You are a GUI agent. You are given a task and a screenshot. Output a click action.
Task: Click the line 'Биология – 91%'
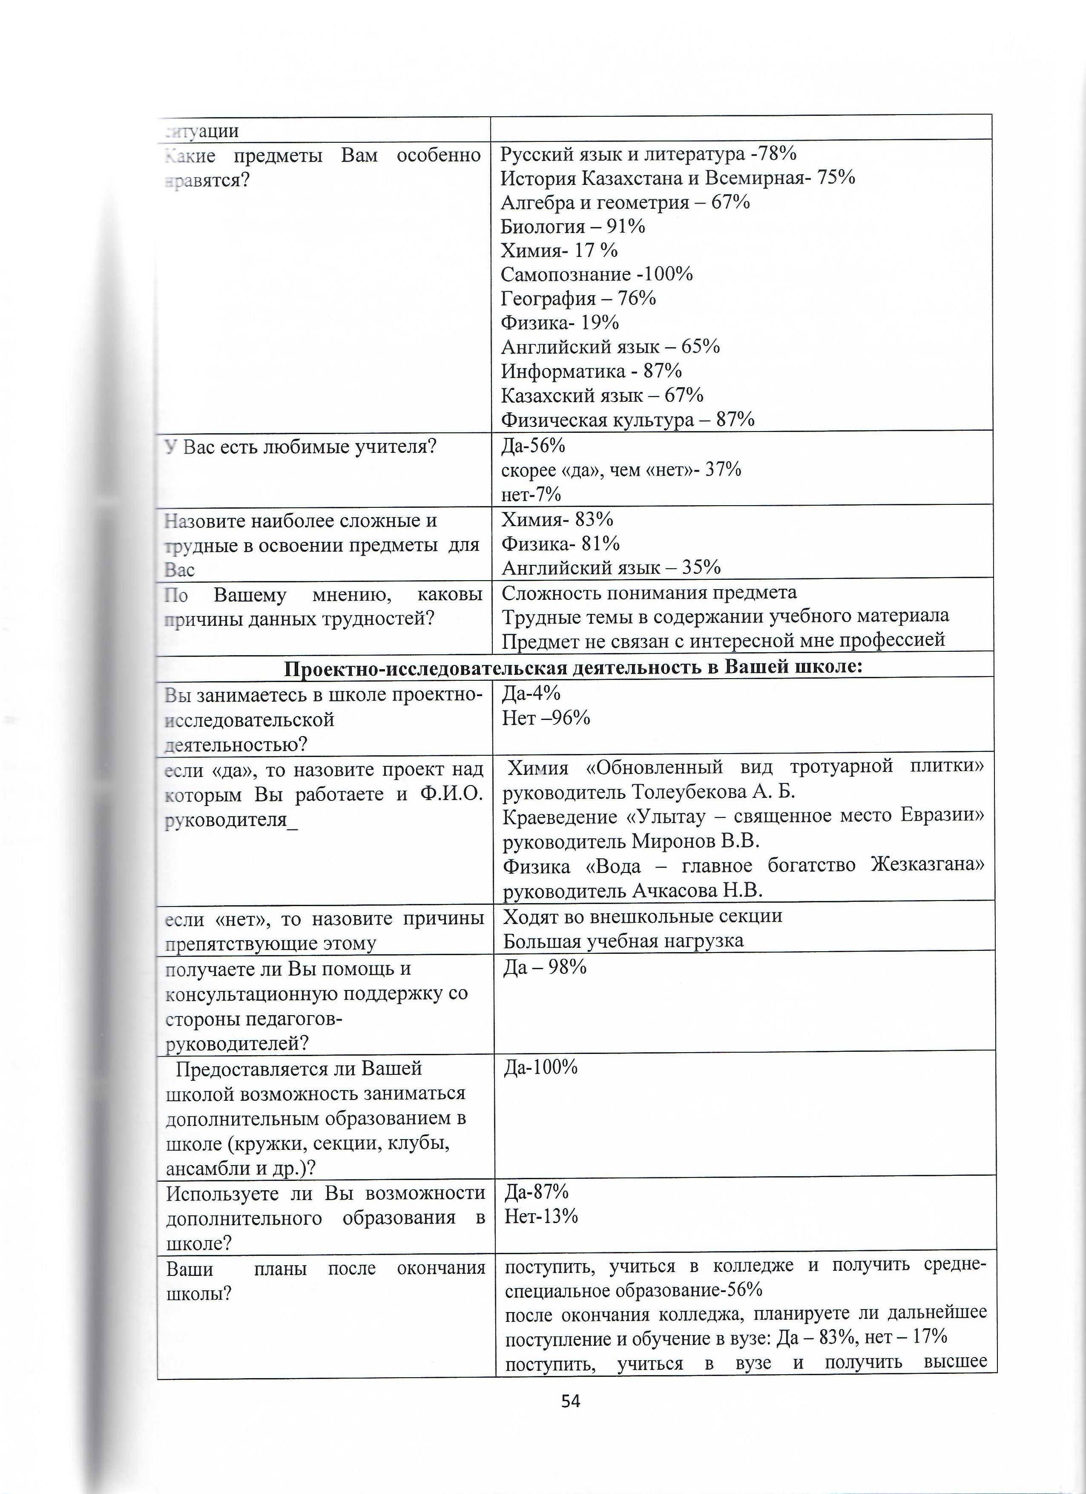(x=572, y=227)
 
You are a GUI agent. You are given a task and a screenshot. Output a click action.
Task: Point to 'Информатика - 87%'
(x=591, y=371)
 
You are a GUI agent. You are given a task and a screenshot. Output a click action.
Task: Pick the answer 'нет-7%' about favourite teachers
(x=531, y=494)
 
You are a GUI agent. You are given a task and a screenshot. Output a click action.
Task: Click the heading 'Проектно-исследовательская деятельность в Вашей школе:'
(x=573, y=667)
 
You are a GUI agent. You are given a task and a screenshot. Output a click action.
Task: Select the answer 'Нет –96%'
(x=546, y=718)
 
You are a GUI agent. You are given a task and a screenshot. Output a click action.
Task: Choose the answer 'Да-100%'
(x=541, y=1068)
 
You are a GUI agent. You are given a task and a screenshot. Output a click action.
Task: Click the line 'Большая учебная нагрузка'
(x=623, y=941)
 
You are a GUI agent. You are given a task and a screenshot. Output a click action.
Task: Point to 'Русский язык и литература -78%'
(x=648, y=154)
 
